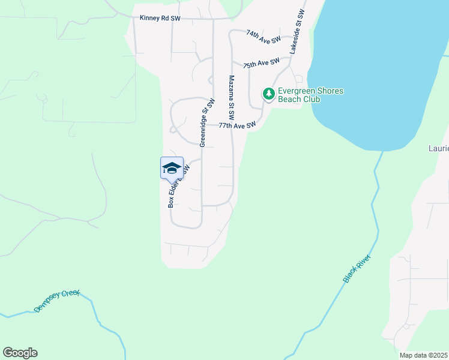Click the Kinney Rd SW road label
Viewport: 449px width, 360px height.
coord(160,19)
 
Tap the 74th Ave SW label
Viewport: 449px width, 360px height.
coord(264,37)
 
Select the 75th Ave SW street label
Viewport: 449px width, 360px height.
coord(261,63)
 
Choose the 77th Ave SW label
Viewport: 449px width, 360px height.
coord(237,126)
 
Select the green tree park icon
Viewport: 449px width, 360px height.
coord(268,94)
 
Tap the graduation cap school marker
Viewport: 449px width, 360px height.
coord(172,169)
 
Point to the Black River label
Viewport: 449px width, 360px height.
coord(358,268)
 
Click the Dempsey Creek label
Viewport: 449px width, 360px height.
coord(56,300)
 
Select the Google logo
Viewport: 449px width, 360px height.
coord(20,353)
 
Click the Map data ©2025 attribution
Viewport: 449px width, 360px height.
coord(423,355)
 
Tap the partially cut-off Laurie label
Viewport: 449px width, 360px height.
coord(438,148)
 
